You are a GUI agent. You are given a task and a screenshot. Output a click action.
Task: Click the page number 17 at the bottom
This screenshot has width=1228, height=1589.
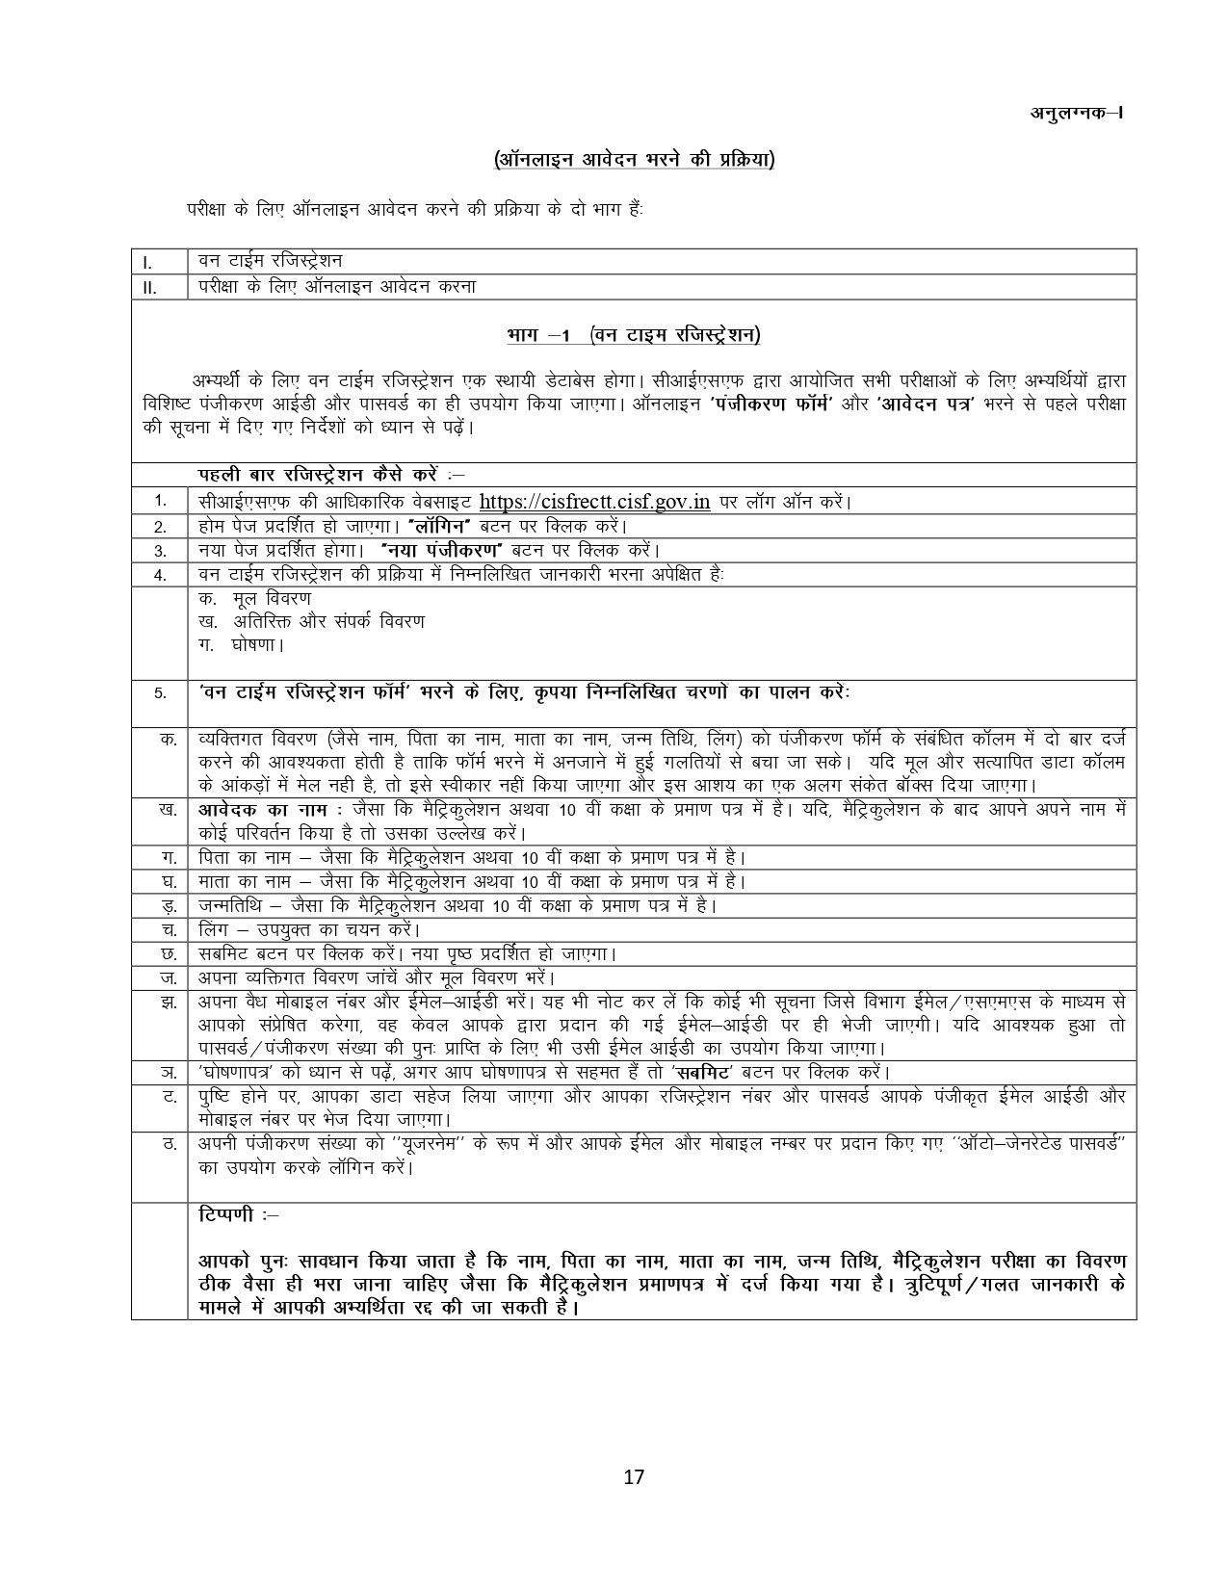pos(634,1476)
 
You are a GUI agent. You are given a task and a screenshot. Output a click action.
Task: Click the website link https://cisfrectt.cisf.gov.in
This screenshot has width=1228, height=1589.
pos(594,502)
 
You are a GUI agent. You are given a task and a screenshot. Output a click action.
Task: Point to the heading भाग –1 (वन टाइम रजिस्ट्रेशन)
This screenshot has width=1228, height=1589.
pos(633,335)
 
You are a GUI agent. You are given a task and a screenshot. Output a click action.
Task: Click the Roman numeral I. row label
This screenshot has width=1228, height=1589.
pos(146,262)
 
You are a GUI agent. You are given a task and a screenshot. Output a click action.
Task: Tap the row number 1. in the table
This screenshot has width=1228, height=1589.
pos(161,501)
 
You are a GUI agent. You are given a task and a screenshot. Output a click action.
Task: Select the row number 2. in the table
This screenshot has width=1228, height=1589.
pos(161,527)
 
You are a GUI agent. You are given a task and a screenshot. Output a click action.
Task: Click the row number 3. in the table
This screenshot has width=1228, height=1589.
pos(161,551)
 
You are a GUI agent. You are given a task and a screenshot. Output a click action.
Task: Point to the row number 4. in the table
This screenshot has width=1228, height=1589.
pos(161,576)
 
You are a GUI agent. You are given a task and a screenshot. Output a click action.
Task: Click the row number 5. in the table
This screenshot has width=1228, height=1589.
pos(161,693)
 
